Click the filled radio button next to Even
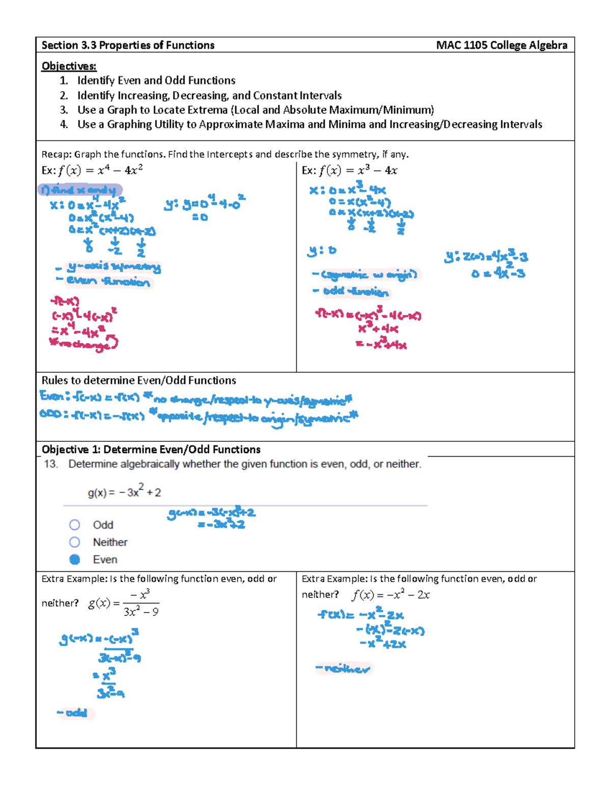(75, 559)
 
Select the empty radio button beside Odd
(75, 525)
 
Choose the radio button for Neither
(75, 542)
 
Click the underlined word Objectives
(69, 66)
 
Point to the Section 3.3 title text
(128, 45)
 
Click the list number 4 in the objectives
(64, 124)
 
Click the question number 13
(50, 464)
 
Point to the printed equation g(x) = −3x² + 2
(124, 492)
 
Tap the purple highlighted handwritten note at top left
(80, 190)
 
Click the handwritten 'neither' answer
(344, 668)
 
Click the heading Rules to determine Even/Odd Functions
(138, 380)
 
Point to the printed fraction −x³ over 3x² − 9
(141, 603)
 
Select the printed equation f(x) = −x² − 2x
(391, 595)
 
